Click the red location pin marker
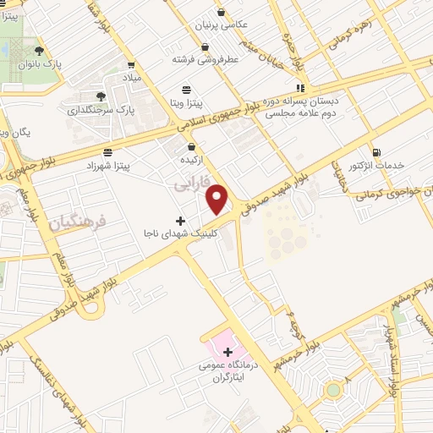click(x=218, y=199)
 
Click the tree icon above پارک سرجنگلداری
click(x=101, y=96)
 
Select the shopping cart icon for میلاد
click(x=131, y=63)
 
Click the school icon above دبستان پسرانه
click(x=300, y=88)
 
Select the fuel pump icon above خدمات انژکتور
click(x=375, y=153)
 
